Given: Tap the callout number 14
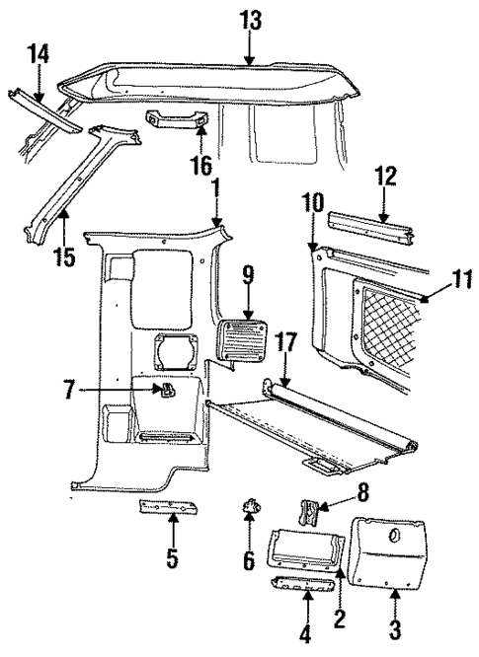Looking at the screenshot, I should coord(37,55).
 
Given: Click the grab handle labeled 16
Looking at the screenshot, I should coord(180,121).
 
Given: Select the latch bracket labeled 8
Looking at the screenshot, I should coord(309,514).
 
